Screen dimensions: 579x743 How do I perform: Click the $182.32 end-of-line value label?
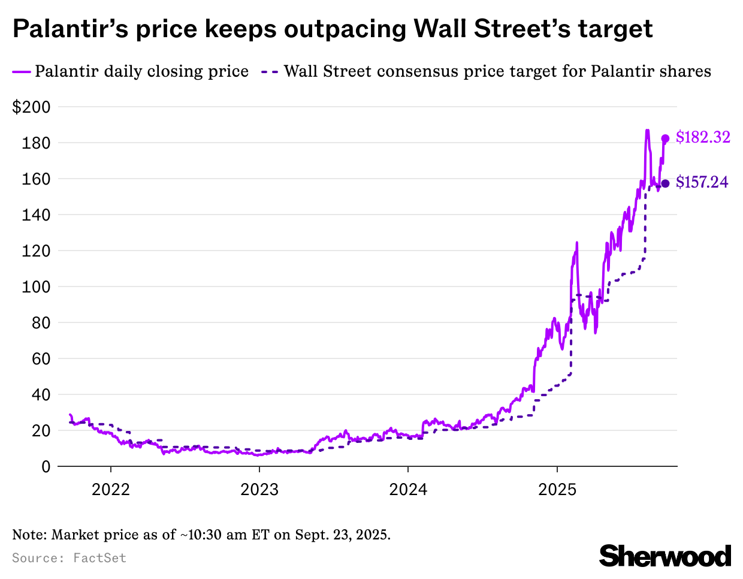coord(703,137)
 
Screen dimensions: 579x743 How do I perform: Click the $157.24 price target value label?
coord(702,182)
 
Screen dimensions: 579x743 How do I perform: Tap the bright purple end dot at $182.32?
coord(665,138)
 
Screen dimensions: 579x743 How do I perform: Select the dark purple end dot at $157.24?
coord(665,183)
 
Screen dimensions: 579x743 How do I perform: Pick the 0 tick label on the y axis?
coord(46,467)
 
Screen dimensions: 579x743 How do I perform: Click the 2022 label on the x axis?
coord(110,490)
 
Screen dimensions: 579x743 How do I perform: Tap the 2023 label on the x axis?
coord(259,490)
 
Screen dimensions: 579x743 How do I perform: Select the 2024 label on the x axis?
coord(408,490)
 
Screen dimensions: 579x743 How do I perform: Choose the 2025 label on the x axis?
coord(557,490)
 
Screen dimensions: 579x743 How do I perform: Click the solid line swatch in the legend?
coord(21,72)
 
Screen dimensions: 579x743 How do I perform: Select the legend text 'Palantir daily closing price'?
coord(141,71)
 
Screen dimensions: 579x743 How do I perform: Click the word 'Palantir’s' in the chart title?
coord(70,28)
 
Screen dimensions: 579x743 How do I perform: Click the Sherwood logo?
coord(665,556)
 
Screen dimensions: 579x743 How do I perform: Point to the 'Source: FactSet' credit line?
coord(69,558)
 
